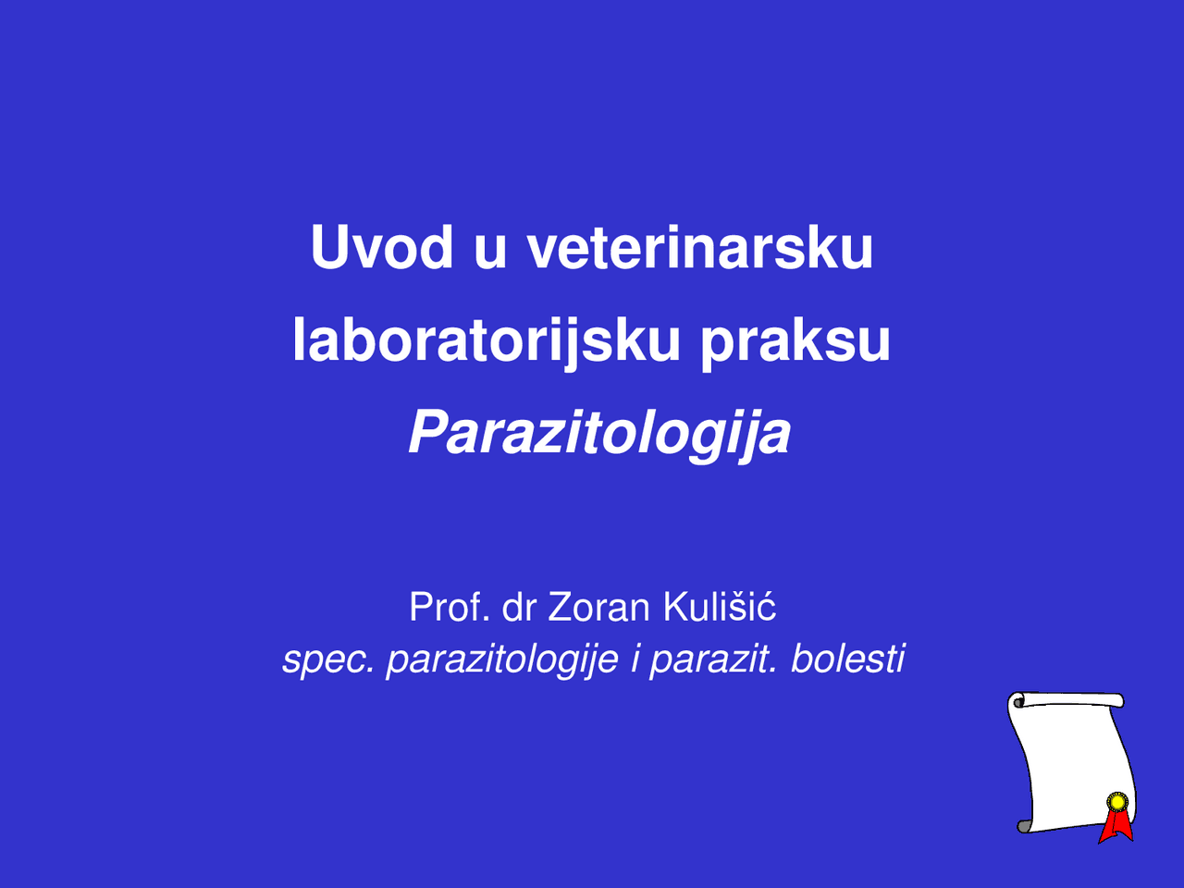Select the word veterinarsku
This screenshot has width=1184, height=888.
coord(700,248)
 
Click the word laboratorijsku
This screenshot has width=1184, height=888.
coord(487,340)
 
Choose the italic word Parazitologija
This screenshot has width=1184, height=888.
coord(599,433)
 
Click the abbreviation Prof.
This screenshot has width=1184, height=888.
coord(449,608)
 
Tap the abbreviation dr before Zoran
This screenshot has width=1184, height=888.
coord(519,608)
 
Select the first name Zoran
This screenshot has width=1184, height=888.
coord(599,608)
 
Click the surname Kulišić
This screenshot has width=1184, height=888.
coord(720,608)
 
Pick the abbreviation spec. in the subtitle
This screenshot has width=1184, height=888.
coord(328,660)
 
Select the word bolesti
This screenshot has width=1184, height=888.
coord(847,660)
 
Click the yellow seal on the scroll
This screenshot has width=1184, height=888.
coord(1117,802)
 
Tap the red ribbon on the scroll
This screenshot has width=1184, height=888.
coord(1116,826)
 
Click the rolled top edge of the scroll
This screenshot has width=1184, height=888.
coord(1068,700)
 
